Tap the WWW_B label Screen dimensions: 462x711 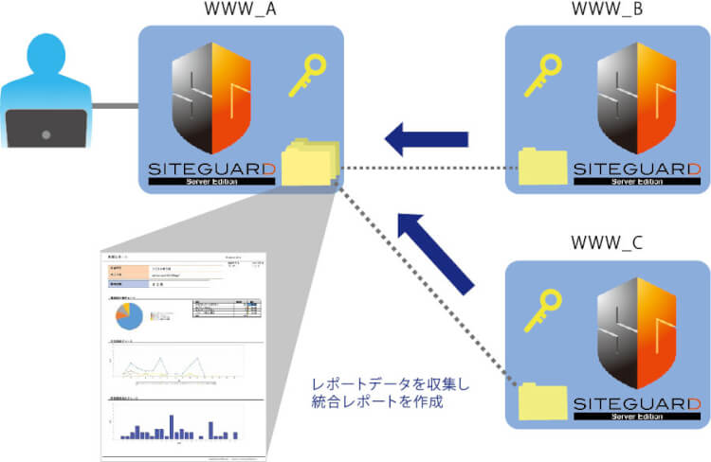pos(607,10)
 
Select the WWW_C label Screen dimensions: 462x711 pos(606,241)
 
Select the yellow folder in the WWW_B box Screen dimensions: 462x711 pos(542,168)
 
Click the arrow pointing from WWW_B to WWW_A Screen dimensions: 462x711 pos(426,140)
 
